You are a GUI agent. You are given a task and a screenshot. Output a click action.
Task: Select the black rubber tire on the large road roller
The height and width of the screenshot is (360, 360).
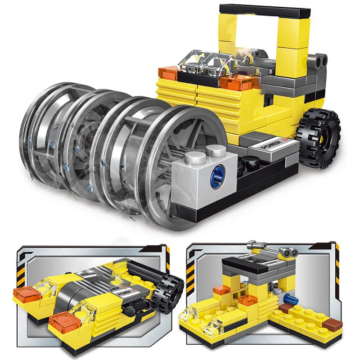[319, 139]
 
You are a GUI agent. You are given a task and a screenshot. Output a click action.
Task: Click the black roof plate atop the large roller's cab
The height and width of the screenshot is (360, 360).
[265, 11]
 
